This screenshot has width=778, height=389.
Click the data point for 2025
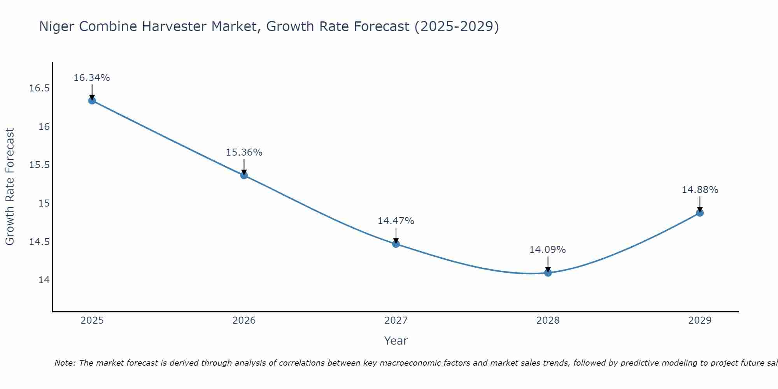click(92, 101)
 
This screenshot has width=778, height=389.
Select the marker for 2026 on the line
click(244, 175)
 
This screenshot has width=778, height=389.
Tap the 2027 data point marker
click(396, 244)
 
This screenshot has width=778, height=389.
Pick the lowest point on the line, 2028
click(548, 273)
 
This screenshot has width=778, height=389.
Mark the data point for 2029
click(700, 213)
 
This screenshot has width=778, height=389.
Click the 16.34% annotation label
click(92, 78)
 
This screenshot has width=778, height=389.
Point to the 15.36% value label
click(244, 152)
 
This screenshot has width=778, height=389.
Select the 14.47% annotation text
click(396, 221)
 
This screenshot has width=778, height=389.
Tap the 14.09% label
click(548, 250)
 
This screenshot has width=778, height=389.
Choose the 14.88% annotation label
click(700, 190)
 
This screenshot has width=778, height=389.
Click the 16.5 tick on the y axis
click(39, 88)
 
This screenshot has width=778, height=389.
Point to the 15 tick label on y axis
click(44, 203)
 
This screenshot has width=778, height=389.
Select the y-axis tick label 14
click(44, 280)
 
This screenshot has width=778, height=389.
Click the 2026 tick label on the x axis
click(244, 321)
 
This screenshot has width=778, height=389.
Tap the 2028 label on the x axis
click(548, 321)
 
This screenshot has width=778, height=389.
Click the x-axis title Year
click(396, 341)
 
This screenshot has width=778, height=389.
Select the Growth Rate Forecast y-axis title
click(10, 187)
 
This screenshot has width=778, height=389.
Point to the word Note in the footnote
click(65, 363)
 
